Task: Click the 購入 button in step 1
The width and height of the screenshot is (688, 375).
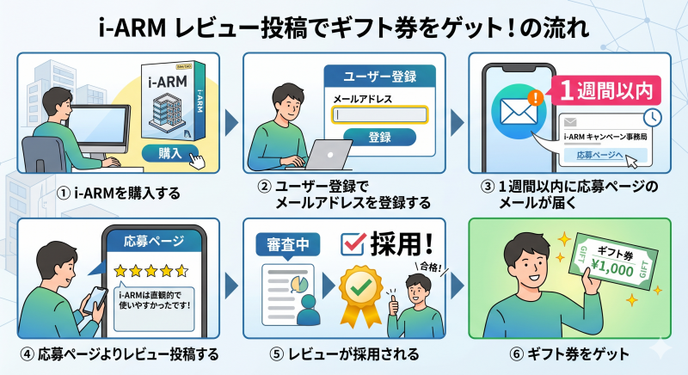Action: coord(169,153)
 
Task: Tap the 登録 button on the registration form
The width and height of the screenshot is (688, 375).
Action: coord(378,138)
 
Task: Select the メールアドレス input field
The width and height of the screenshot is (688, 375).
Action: coord(379,114)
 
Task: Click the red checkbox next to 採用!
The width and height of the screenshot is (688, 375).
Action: coord(353,243)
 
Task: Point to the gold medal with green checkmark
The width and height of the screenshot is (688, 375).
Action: coord(357,287)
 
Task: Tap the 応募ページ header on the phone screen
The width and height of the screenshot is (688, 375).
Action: coord(152,242)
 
